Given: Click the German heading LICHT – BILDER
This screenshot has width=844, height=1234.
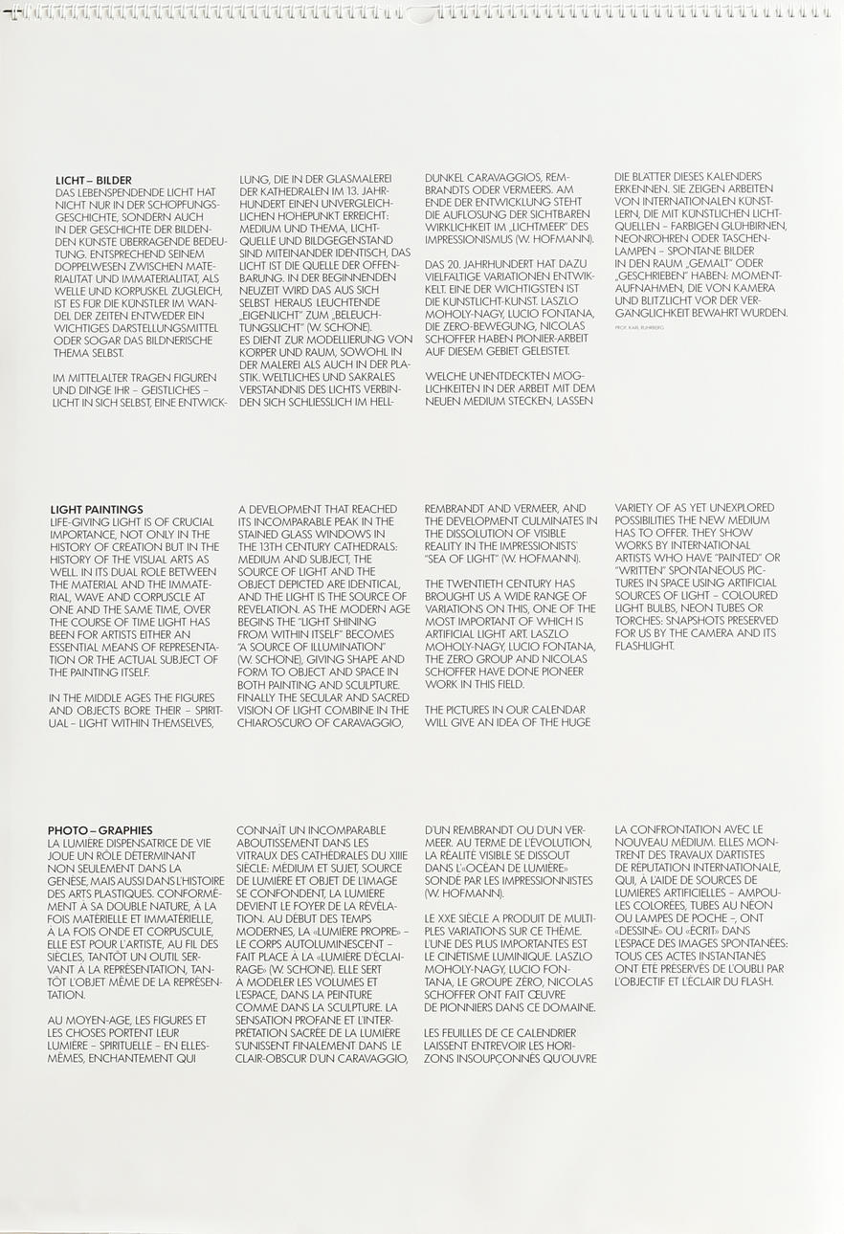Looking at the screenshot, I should point(94,180).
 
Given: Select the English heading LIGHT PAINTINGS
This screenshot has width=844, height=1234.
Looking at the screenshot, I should point(97,509).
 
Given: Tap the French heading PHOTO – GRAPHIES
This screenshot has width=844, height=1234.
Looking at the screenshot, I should point(100,830).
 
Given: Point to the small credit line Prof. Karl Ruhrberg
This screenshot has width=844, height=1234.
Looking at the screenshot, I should point(638,327).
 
